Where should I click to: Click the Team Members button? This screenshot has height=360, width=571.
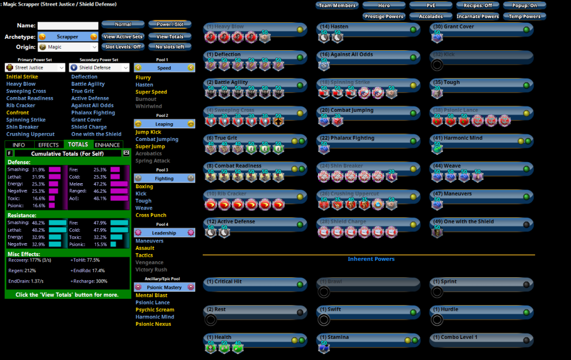coord(337,6)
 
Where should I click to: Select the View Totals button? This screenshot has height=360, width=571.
coord(170,37)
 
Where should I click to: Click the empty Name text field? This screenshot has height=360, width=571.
coord(68,26)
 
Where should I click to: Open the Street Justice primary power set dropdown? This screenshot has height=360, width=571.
coord(35,67)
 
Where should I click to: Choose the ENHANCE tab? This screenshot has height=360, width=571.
coord(107,145)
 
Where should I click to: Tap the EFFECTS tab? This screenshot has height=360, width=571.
coord(49,145)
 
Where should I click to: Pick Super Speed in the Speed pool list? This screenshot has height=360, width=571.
coord(151,92)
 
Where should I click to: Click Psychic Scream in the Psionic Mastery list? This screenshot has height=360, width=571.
coord(155,309)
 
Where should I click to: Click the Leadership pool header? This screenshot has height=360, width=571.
coord(164,233)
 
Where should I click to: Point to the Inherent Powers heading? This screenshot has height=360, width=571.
coord(371,259)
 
